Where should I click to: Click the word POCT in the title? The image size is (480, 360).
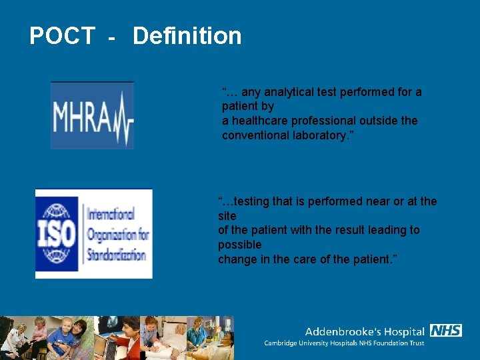point(62,36)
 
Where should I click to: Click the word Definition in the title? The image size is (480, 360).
point(187,36)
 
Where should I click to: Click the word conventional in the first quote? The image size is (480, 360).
point(252,135)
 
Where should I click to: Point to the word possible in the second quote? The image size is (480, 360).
point(240,245)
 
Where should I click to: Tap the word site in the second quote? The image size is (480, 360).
point(227,216)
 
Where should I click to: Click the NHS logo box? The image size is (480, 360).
point(445,331)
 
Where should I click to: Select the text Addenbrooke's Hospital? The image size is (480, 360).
point(365,331)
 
